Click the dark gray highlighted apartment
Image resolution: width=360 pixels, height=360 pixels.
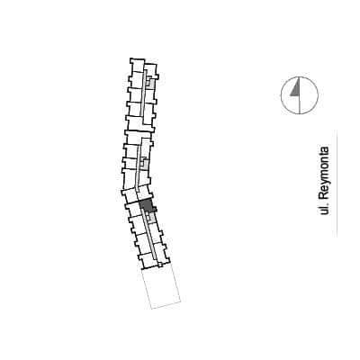[147, 205]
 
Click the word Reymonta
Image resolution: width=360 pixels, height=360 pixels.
[325, 172]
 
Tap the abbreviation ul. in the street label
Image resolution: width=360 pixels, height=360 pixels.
[324, 208]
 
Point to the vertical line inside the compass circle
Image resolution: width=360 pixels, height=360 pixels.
[300, 95]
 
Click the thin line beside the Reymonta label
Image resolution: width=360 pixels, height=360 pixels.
[337, 184]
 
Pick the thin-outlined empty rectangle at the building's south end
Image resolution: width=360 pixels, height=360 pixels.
[161, 287]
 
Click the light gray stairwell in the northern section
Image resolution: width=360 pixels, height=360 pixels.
[150, 82]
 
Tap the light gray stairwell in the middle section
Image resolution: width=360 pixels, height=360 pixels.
[145, 163]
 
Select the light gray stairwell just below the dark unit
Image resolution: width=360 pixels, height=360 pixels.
[152, 217]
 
